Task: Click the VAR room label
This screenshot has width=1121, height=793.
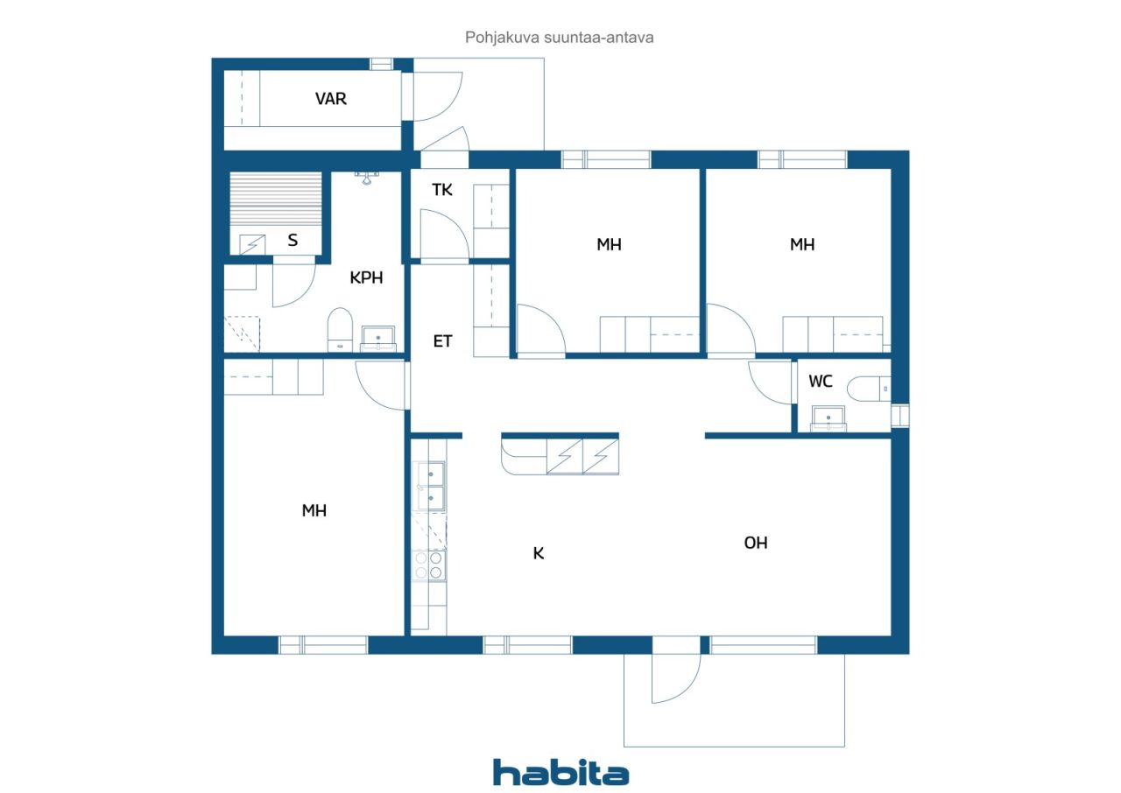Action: [331, 99]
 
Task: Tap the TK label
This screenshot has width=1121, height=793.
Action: [442, 190]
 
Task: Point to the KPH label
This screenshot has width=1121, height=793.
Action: [366, 277]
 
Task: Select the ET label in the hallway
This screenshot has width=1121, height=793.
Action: [442, 341]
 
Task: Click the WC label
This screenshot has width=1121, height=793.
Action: [821, 381]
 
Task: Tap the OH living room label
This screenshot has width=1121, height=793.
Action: [756, 543]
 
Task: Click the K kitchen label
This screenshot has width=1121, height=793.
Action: [539, 553]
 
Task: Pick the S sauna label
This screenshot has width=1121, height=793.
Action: [293, 240]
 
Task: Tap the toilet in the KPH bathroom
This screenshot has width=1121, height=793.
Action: [340, 329]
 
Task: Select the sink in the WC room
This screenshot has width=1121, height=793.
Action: [828, 418]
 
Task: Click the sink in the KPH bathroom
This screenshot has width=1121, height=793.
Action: [378, 339]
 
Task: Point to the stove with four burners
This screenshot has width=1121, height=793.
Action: [429, 565]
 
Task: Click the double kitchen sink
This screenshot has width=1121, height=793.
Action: [430, 486]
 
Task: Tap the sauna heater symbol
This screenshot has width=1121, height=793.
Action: [252, 245]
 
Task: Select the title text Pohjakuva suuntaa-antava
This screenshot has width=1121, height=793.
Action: [559, 38]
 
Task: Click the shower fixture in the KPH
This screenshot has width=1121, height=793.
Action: [367, 178]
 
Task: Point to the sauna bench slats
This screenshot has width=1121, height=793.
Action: [276, 199]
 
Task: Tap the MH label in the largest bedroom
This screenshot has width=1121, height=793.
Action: [314, 510]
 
